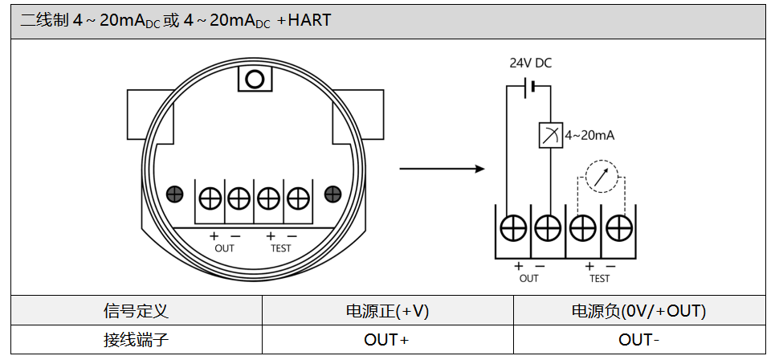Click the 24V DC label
[530, 63]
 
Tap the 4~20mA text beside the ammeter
[589, 136]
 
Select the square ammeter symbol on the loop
[550, 136]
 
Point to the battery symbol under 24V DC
[528, 85]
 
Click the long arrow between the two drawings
[442, 169]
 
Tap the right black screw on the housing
[332, 194]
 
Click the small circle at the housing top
[255, 79]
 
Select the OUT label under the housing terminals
[225, 248]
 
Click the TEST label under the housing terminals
[281, 248]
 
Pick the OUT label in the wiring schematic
[529, 278]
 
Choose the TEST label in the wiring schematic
[600, 278]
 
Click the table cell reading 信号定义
[137, 311]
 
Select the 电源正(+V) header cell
[387, 311]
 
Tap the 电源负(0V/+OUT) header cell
[638, 311]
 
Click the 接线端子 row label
[137, 340]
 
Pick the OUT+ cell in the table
[387, 340]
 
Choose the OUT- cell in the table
[638, 340]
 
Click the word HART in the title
[309, 20]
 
